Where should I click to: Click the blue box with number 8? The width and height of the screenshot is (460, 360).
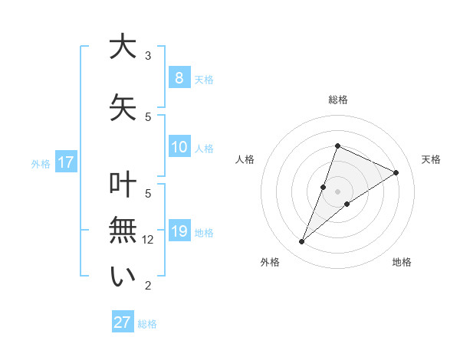click(179, 77)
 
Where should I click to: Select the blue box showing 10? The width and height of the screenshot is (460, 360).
click(179, 147)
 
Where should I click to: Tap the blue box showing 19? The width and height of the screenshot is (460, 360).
click(179, 231)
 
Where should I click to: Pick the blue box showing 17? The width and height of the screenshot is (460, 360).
click(65, 162)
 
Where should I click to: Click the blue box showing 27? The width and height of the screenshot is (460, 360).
click(123, 322)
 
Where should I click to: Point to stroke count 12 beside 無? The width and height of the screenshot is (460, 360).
click(149, 240)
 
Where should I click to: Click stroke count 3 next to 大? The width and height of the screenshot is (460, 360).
click(148, 56)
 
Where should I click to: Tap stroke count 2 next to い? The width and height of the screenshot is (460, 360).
click(148, 286)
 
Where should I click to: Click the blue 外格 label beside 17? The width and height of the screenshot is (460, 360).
click(41, 163)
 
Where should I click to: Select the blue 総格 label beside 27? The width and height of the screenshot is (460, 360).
click(147, 324)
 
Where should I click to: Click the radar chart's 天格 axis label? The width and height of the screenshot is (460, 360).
click(431, 159)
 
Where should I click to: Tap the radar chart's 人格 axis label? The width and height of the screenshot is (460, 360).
click(245, 159)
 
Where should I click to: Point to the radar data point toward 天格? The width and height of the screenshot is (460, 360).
click(396, 172)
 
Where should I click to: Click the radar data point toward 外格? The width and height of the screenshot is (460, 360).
click(302, 242)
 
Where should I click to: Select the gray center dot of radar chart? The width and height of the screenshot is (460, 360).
click(337, 191)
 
